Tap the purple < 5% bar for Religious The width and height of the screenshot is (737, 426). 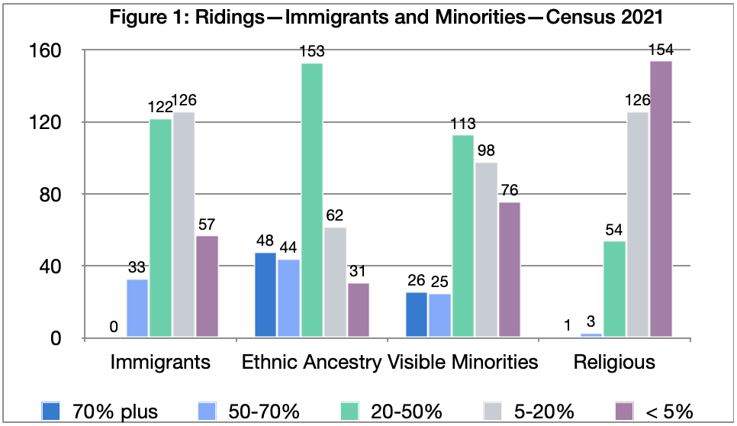[661, 198]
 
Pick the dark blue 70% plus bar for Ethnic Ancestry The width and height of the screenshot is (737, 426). [266, 295]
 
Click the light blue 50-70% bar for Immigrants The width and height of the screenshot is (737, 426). [137, 308]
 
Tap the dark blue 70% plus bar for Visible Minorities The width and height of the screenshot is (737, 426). [417, 315]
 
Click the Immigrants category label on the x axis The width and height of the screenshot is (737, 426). [160, 361]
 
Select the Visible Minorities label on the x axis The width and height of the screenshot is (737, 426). [462, 361]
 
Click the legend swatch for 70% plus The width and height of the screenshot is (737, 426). [53, 411]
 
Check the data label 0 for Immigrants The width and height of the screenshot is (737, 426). [114, 327]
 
